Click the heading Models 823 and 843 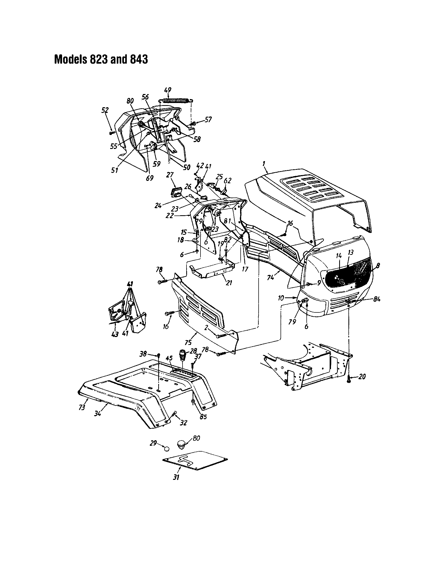(x=101, y=59)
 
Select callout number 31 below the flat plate (x=176, y=477)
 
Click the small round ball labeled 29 (x=166, y=449)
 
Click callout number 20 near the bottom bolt (x=362, y=377)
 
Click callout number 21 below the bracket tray (x=228, y=283)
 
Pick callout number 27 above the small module (x=170, y=175)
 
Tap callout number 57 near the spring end (x=208, y=120)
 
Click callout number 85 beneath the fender (x=203, y=416)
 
